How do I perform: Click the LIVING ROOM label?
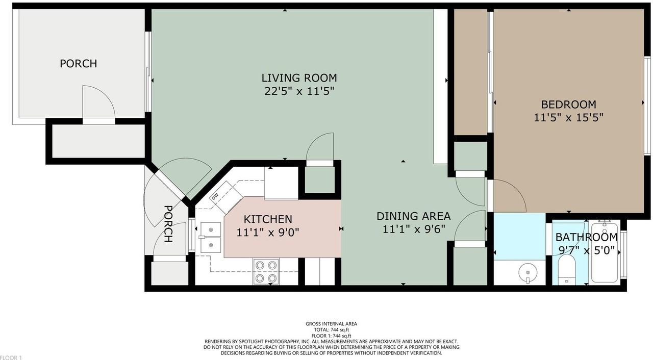pos(299,78)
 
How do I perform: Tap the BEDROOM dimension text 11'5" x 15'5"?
pos(568,118)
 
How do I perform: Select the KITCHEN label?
pos(268,219)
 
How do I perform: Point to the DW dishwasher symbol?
pos(215,197)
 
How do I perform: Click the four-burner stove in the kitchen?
pos(266,271)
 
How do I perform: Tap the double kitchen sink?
pos(211,237)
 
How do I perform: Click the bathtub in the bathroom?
pos(605,252)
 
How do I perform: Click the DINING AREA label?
pos(413,216)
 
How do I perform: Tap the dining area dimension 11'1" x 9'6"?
pos(414,229)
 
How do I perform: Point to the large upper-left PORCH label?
pos(78,64)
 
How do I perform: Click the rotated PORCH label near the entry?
pos(168,224)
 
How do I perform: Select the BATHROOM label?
pos(586,237)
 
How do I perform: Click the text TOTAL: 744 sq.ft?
pos(331,330)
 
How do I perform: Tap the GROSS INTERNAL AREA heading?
pos(331,324)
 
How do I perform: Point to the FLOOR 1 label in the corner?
pos(11,357)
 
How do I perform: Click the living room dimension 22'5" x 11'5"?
pos(299,91)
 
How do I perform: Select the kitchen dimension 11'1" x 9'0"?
pos(268,233)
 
